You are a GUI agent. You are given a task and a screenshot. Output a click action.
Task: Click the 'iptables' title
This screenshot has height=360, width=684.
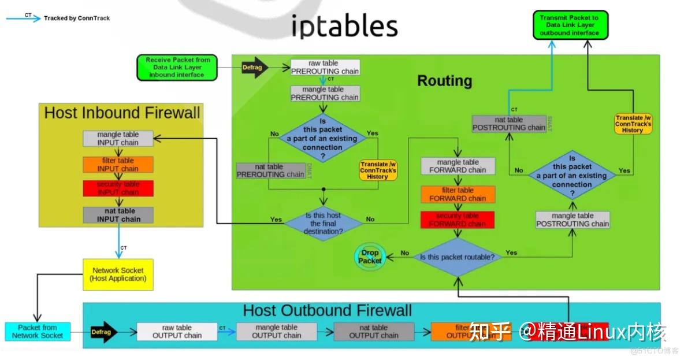344,26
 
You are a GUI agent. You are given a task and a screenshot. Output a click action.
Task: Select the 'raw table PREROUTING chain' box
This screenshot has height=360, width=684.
325,67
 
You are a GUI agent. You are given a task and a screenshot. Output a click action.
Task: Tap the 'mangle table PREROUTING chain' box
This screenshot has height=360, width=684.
325,94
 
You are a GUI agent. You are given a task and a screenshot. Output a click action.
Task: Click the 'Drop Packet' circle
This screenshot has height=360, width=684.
370,257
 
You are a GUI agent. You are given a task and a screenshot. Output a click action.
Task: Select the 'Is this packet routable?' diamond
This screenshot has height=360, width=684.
458,257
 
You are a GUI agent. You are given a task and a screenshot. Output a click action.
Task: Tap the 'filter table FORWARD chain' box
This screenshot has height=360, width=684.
458,194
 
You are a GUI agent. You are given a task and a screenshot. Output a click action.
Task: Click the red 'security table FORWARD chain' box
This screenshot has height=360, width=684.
458,220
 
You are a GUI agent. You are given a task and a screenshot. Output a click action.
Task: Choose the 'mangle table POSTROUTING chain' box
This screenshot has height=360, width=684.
573,220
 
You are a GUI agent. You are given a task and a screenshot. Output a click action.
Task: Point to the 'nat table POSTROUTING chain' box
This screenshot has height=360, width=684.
508,124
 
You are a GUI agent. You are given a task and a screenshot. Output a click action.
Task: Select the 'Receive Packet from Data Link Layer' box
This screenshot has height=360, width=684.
178,68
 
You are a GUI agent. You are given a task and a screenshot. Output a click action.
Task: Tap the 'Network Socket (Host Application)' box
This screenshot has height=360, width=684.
118,274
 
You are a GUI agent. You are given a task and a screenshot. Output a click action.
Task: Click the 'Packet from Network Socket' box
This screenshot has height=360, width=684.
38,331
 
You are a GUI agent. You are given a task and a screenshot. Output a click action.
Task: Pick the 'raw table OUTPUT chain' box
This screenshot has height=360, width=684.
177,331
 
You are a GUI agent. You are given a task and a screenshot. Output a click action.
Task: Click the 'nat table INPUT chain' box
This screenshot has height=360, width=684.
118,215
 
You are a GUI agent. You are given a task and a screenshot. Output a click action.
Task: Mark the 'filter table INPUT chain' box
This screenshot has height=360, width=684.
118,165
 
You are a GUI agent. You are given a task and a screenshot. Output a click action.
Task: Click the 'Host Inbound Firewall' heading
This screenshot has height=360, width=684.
122,113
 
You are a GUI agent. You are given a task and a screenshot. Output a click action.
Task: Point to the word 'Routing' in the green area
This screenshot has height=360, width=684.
444,81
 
